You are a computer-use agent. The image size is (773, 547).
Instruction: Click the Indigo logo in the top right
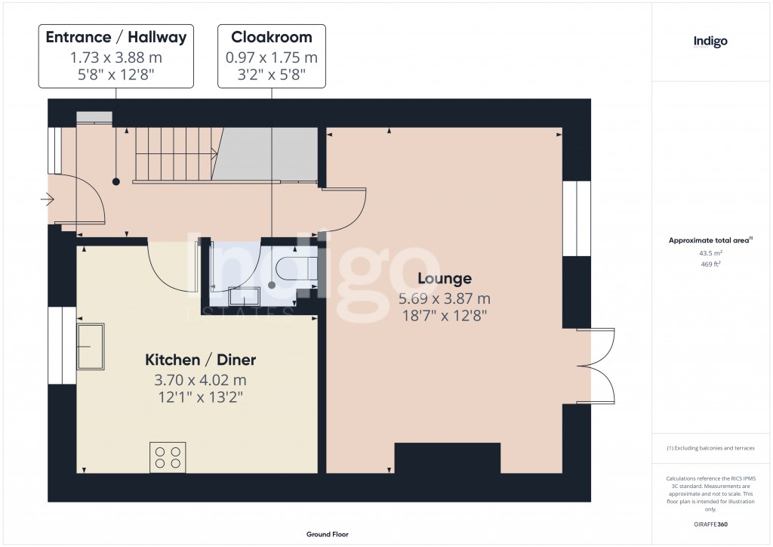(x=710, y=42)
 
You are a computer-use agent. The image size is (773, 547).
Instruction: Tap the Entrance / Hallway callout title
(x=115, y=37)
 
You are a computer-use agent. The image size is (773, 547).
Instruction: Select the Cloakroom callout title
(x=272, y=37)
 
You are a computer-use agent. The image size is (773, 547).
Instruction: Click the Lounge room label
(x=445, y=279)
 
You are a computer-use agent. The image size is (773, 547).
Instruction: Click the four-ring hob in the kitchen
(x=168, y=457)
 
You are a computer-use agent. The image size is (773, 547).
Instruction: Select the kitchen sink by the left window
(x=90, y=347)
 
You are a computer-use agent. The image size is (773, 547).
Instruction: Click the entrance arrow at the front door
(x=49, y=200)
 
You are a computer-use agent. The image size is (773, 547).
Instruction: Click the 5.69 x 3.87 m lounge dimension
(x=445, y=298)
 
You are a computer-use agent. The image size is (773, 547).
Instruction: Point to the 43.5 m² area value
(x=710, y=253)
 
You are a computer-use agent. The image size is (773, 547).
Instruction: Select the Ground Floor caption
(x=327, y=534)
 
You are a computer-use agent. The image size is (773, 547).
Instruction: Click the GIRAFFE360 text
(x=710, y=524)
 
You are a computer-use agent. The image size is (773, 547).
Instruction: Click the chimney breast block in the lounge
(x=448, y=458)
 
